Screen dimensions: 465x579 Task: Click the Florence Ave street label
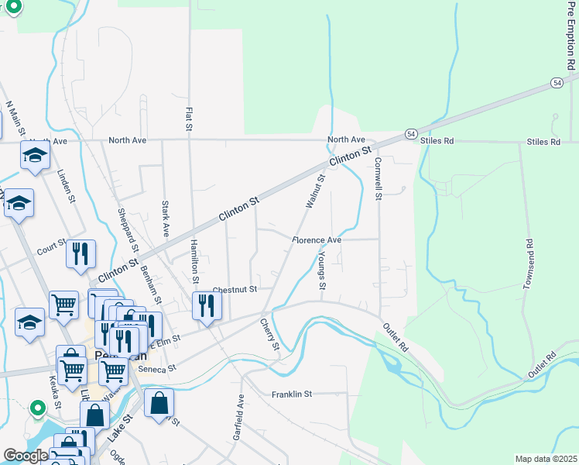click(317, 240)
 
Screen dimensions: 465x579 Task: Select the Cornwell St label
click(378, 179)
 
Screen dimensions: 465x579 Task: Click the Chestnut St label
click(234, 289)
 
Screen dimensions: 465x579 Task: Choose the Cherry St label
click(269, 333)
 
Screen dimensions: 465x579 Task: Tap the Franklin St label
click(291, 394)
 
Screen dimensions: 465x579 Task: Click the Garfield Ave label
click(240, 418)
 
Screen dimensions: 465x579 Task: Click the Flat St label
click(188, 119)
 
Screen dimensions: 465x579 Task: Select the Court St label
click(52, 246)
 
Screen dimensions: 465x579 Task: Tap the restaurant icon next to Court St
click(81, 254)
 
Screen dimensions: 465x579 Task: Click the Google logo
click(25, 456)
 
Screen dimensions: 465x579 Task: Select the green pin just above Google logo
click(36, 408)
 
